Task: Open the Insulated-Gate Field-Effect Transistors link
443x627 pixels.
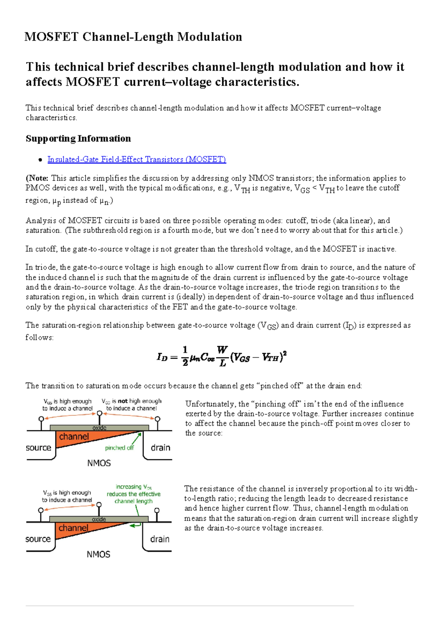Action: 137,160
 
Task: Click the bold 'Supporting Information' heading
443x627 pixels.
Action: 78,138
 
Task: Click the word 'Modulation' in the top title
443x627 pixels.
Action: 209,37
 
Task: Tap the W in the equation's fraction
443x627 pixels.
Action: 222,349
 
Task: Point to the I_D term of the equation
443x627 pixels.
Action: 162,357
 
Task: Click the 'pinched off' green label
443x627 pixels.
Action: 119,448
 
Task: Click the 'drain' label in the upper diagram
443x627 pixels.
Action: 161,448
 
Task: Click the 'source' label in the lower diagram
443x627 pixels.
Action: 38,539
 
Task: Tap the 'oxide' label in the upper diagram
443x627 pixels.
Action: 99,428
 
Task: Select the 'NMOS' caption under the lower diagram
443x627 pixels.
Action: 98,554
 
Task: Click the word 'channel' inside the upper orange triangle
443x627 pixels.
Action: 74,437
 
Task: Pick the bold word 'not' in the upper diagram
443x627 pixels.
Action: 123,401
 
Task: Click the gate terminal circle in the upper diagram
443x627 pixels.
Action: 99,413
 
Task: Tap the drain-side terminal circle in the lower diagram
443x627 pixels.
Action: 157,510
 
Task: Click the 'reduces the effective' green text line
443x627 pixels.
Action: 134,494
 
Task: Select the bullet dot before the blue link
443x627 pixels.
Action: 40,160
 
